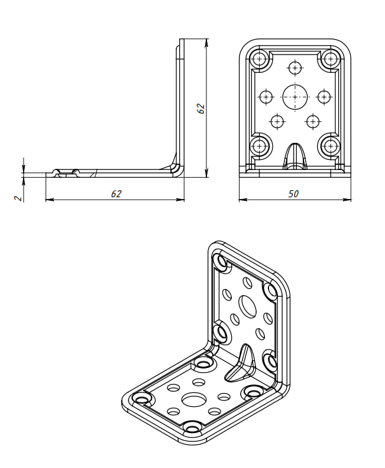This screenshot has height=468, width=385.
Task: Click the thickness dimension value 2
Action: coord(19,198)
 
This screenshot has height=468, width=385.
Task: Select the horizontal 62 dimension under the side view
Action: coord(117,194)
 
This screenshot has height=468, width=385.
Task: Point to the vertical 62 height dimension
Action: coord(201,108)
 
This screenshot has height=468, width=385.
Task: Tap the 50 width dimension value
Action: coord(293,194)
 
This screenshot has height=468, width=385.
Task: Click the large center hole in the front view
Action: coord(295,97)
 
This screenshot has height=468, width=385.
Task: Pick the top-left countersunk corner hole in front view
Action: coord(260,59)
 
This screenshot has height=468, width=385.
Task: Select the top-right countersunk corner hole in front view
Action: coord(330,59)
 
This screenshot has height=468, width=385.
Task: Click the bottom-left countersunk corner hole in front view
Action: coord(260,146)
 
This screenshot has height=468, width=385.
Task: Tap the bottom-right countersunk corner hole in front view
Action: coord(330,146)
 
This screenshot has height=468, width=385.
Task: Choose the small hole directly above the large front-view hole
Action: coord(295,68)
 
